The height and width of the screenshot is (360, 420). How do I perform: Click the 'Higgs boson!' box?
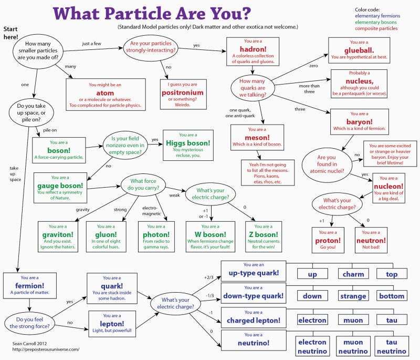pyautogui.click(x=188, y=145)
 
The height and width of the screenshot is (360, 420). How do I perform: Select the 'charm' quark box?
pyautogui.click(x=353, y=274)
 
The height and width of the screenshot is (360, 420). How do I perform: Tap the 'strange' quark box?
pyautogui.click(x=353, y=296)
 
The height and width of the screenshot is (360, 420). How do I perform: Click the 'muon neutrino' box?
pyautogui.click(x=353, y=346)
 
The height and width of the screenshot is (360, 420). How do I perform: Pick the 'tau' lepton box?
pyautogui.click(x=392, y=320)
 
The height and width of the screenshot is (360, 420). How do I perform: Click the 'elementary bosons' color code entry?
pyautogui.click(x=376, y=23)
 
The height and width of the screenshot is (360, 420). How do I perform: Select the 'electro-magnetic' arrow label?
pyautogui.click(x=150, y=210)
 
